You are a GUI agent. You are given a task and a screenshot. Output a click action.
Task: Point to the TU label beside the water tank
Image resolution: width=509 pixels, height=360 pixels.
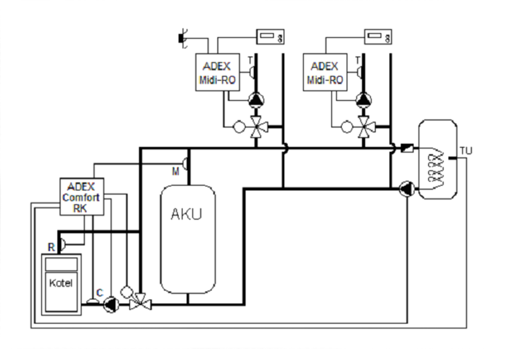coord(466,151)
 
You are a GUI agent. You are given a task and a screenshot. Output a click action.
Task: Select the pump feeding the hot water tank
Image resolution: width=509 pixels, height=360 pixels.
coord(406,189)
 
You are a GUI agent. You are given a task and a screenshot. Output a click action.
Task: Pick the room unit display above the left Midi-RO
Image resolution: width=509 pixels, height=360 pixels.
coord(270,36)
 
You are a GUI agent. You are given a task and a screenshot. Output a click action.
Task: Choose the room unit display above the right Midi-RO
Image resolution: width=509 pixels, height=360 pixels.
coord(378,36)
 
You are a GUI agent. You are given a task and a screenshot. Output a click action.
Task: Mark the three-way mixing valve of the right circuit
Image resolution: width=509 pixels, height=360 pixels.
coord(364,125)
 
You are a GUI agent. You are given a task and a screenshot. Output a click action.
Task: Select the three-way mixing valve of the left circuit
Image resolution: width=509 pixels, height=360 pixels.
coord(256,125)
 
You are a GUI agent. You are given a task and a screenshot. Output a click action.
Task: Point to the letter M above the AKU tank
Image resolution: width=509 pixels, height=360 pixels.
coord(175,171)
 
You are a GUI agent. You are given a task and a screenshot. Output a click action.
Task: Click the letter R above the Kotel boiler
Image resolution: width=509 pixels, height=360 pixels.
coord(51,247)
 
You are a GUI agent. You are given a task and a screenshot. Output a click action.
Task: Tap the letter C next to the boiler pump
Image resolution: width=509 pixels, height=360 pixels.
coord(99,292)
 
